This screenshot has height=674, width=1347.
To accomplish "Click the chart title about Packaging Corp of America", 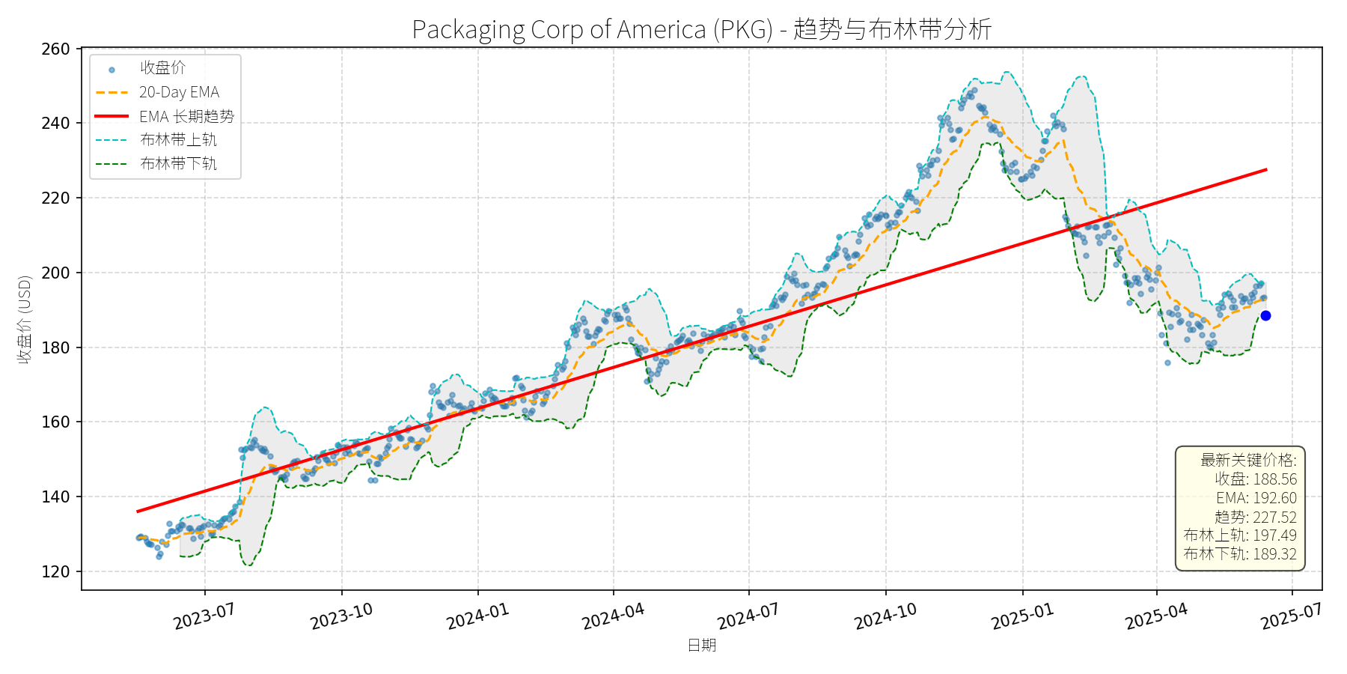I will (x=701, y=29).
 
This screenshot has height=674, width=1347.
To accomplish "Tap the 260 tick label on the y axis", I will (x=55, y=49).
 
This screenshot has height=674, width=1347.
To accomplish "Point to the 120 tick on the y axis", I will (x=55, y=572).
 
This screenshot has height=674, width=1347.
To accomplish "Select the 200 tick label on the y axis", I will (x=55, y=273).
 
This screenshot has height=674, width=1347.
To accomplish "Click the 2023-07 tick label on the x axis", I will (x=204, y=616).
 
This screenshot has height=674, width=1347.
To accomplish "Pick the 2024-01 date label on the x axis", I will (x=478, y=616).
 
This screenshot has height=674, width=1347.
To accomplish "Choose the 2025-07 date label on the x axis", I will (x=1292, y=616).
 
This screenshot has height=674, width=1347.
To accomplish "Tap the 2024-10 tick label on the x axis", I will (x=885, y=616).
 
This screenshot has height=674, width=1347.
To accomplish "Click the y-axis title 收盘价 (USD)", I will (x=25, y=320).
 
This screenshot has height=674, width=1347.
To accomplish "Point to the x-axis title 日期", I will (x=701, y=645).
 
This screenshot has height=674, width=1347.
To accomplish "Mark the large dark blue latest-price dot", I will (x=1265, y=316).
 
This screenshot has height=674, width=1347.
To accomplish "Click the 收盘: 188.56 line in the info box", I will (x=1255, y=479).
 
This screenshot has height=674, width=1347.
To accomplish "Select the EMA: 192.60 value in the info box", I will (x=1256, y=498).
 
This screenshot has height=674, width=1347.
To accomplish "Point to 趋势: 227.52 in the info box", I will (x=1255, y=517).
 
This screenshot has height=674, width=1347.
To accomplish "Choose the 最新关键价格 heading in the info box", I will (x=1248, y=460).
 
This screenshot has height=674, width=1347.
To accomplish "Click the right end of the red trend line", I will (x=1265, y=170).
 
